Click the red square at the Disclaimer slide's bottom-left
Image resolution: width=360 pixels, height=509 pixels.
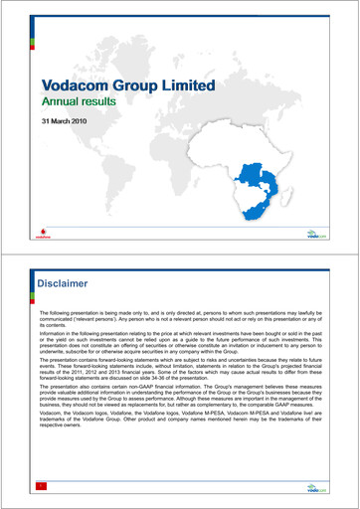click(x=41, y=486)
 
